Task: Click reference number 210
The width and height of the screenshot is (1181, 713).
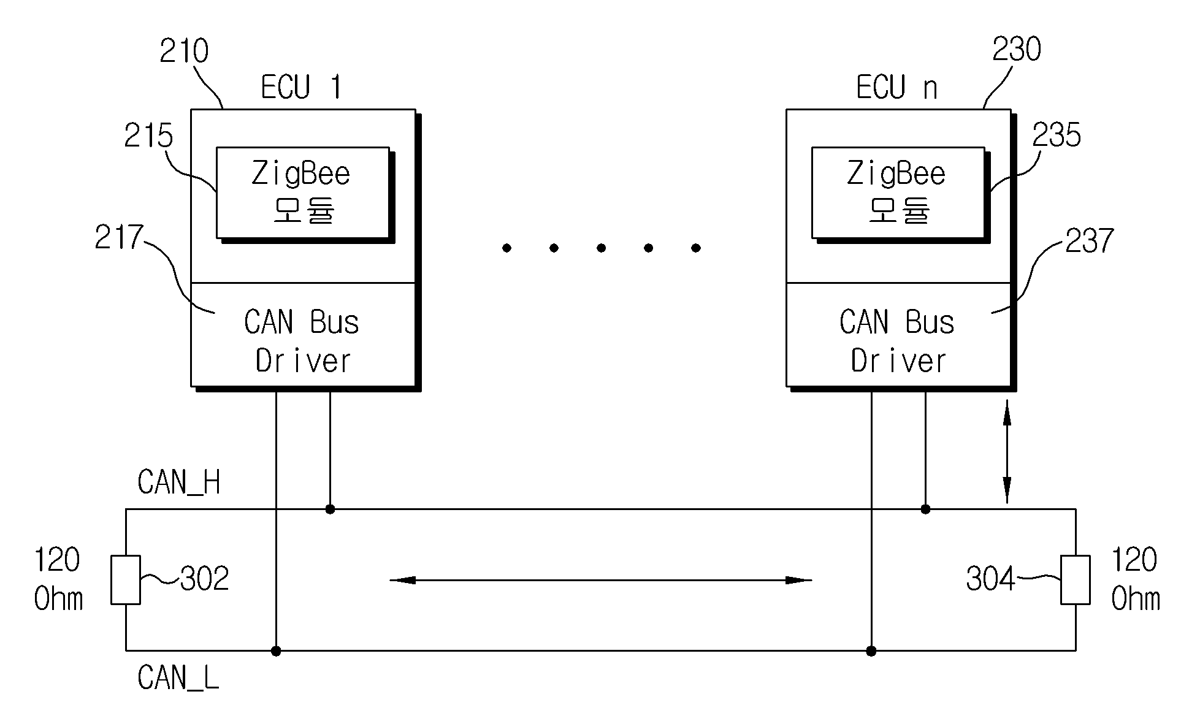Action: (184, 51)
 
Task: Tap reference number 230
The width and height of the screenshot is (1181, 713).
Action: (1017, 49)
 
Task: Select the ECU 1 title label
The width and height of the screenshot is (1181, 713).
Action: (301, 87)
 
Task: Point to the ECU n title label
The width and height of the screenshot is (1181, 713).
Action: (897, 87)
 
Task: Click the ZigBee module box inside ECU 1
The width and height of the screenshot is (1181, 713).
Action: (303, 193)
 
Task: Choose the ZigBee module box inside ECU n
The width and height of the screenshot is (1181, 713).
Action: (898, 193)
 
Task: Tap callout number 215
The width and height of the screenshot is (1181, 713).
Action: (148, 135)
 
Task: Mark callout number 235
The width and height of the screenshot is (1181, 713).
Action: (1057, 135)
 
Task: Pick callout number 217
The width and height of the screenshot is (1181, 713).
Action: (119, 238)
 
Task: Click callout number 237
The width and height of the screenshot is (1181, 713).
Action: (1090, 241)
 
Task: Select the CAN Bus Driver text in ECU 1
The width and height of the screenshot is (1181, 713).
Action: (302, 341)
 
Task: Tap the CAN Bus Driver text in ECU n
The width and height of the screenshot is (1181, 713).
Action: (897, 341)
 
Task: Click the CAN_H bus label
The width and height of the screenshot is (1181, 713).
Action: (179, 482)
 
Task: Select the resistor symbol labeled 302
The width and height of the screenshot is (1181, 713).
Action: (126, 580)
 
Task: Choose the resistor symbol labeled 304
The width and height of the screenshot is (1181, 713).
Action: (1076, 580)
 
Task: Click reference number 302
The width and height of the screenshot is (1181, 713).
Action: (205, 578)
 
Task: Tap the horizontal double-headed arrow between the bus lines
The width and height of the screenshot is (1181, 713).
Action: (601, 580)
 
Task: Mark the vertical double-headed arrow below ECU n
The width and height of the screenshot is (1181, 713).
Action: (1006, 452)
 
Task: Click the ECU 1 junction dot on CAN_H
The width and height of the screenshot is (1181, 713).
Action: (330, 509)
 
